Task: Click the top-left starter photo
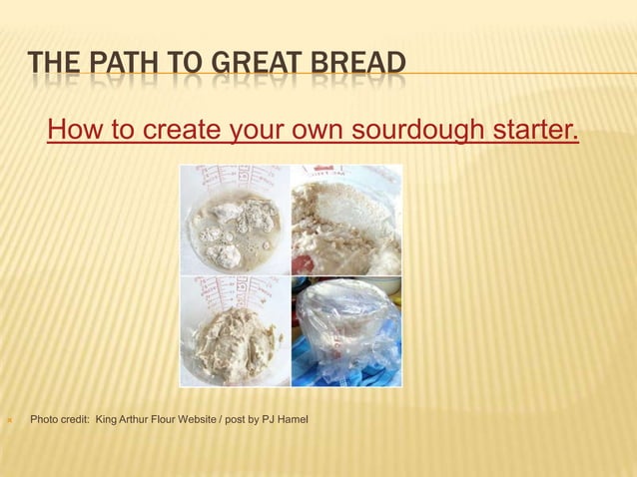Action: coord(234,220)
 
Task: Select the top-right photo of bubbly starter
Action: coord(346,220)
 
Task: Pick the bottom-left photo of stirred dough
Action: coord(234,331)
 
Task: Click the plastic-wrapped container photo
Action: coord(346,331)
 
